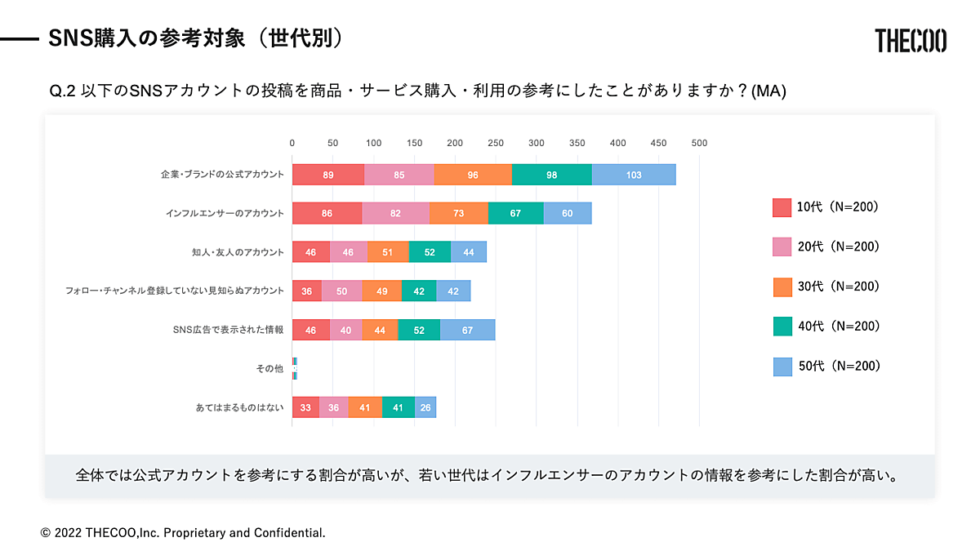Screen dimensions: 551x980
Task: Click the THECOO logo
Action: [911, 40]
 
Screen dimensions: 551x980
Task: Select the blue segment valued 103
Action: [634, 175]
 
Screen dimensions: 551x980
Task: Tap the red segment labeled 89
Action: [327, 175]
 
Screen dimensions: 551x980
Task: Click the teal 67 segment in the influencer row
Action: [515, 213]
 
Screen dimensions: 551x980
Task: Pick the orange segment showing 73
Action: [458, 213]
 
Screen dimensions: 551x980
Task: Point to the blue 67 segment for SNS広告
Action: [467, 330]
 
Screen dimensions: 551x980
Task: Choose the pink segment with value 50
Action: [341, 291]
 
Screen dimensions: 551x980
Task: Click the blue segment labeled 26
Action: [425, 407]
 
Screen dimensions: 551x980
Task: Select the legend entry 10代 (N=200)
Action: [837, 207]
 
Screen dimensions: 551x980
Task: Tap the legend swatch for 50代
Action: [782, 367]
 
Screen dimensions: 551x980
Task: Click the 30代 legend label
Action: [838, 287]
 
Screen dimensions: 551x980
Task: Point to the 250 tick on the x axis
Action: [496, 143]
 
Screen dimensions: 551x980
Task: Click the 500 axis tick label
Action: [699, 143]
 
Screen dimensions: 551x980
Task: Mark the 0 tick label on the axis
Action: [292, 143]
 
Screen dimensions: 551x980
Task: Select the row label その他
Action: [269, 369]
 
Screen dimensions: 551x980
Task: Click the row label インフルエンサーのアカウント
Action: [225, 214]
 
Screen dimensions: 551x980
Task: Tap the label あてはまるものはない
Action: [239, 407]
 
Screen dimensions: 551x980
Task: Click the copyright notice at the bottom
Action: [183, 533]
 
